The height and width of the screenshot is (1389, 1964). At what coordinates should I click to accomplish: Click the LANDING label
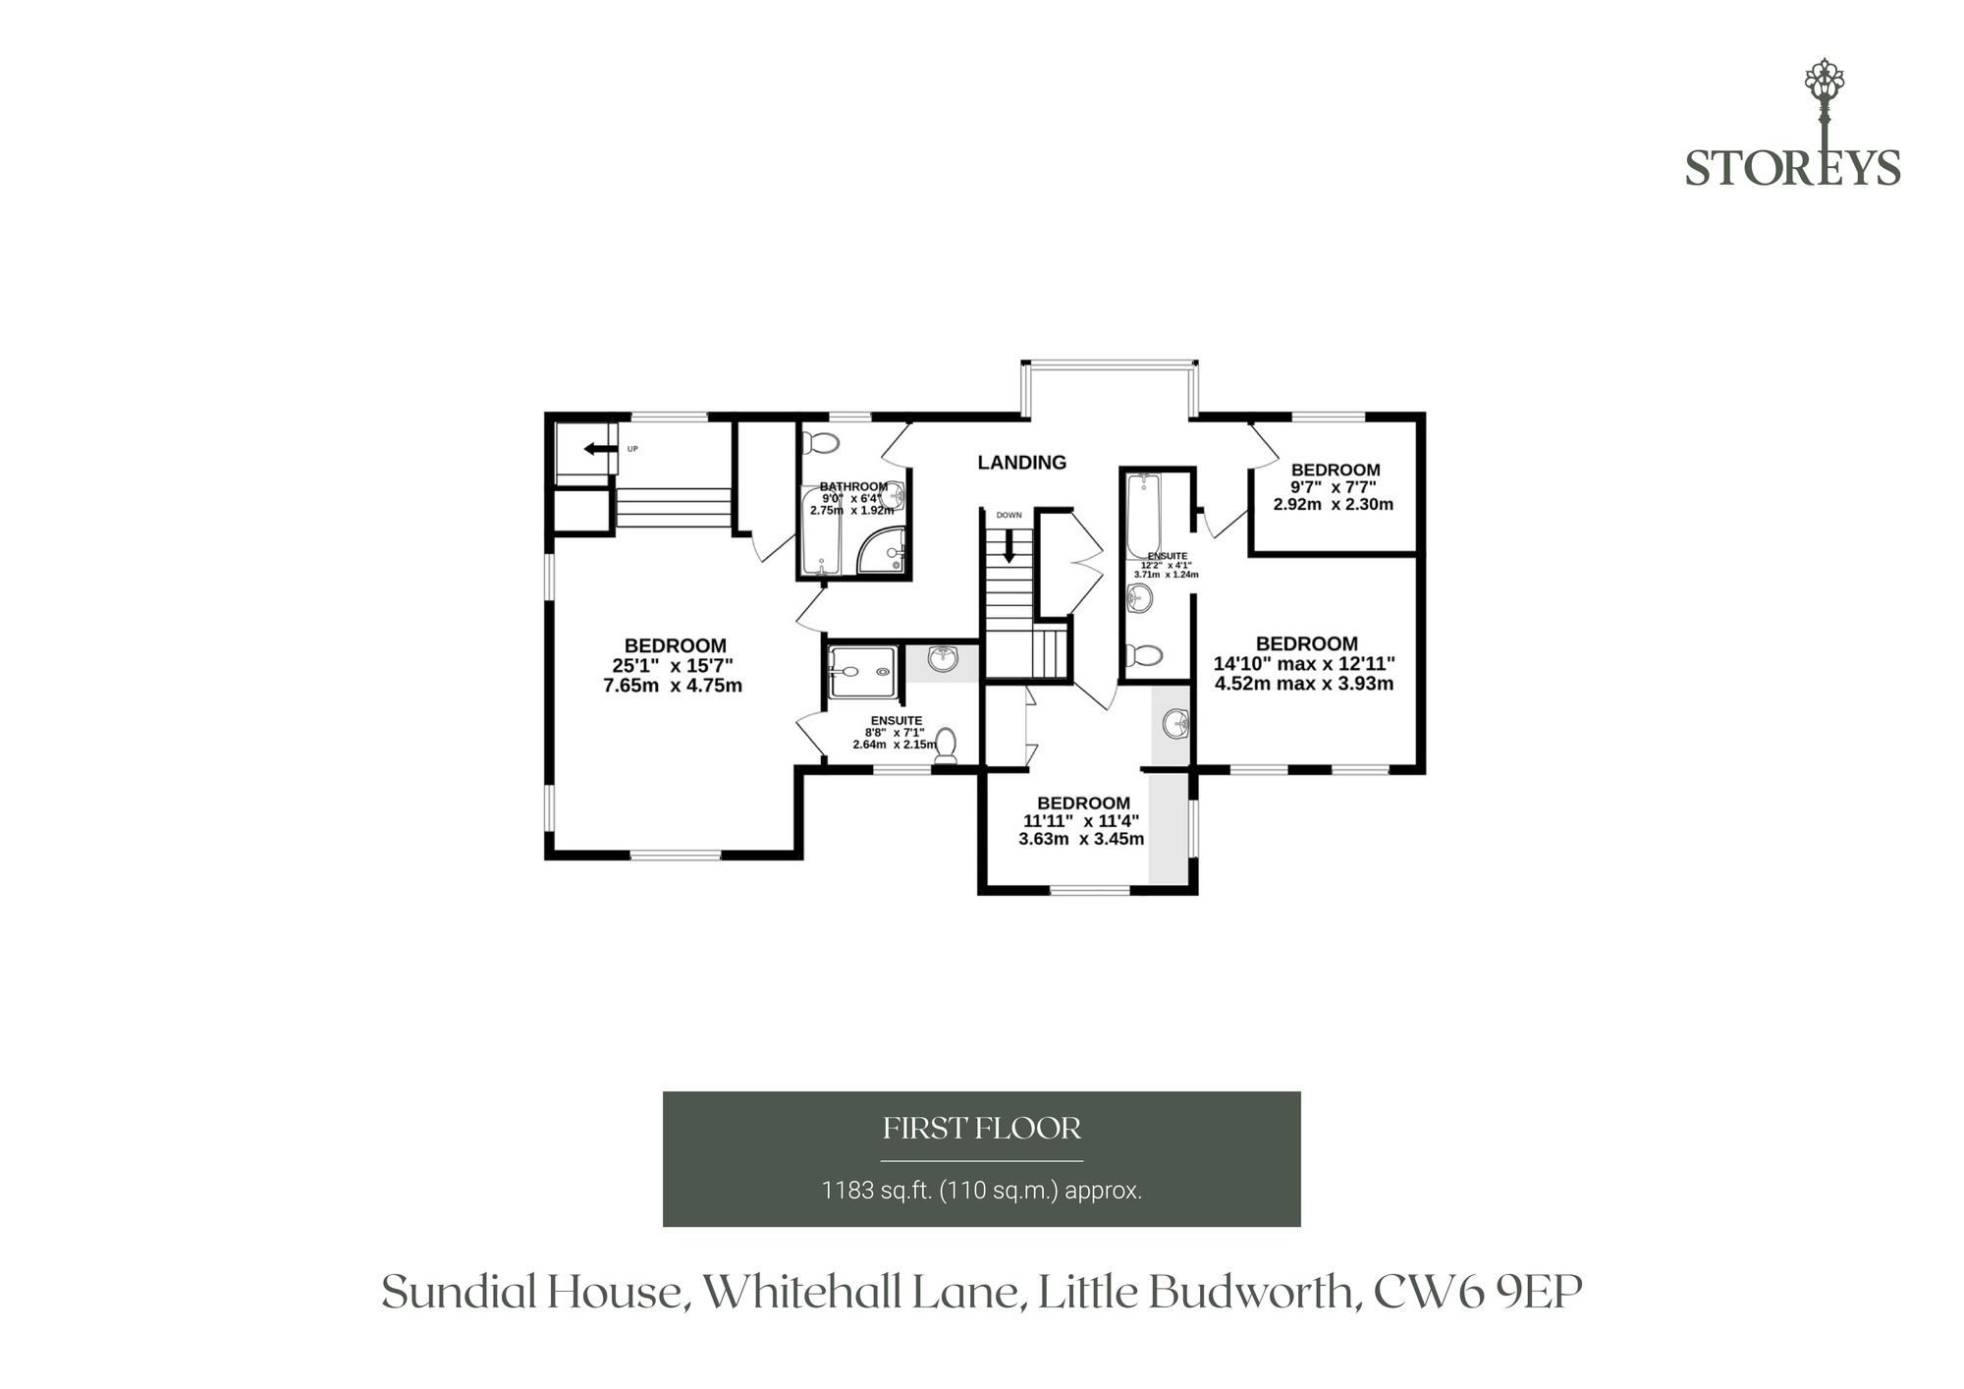(1021, 462)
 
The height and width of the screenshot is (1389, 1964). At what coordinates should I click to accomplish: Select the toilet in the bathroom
(821, 443)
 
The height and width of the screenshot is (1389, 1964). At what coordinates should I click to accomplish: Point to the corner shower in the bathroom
(881, 550)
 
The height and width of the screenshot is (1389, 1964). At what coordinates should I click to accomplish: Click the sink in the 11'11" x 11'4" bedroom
(1175, 725)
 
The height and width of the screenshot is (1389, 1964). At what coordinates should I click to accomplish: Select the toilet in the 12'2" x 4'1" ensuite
(1144, 654)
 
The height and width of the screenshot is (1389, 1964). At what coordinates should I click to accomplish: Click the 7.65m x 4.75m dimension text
(673, 686)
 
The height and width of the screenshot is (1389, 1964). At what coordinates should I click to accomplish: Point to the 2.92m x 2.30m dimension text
(1334, 504)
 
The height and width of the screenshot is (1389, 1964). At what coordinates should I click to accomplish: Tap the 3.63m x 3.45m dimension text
(1081, 839)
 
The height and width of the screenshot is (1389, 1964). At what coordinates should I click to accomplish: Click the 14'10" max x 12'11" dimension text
(1304, 663)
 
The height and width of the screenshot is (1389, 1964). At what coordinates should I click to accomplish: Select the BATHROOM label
(853, 486)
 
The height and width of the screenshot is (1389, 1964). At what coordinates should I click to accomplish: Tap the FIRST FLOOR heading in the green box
(982, 1129)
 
